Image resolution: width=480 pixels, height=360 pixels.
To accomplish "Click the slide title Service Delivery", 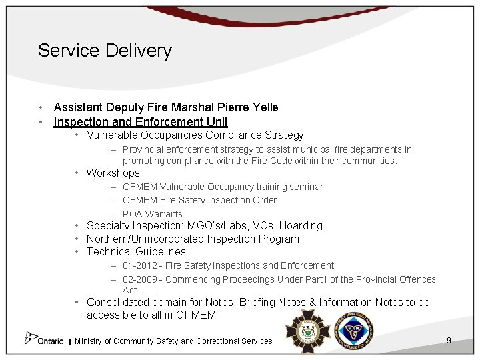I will tap(105, 51).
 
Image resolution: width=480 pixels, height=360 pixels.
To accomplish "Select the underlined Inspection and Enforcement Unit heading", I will tap(141, 122).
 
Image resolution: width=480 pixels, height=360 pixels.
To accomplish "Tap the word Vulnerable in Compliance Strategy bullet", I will tap(112, 135).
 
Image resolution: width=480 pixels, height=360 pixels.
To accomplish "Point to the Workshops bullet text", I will tap(113, 173).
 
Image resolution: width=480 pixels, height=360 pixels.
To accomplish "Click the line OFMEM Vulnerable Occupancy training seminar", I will tap(223, 187).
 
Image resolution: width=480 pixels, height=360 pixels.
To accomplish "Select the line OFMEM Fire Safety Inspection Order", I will tap(199, 200).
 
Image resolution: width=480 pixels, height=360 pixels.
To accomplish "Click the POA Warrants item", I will tap(153, 214).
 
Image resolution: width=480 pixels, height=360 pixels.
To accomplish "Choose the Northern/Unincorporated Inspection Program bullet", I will tap(193, 239).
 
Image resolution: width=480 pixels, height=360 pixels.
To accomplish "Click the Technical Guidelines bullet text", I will tap(136, 252).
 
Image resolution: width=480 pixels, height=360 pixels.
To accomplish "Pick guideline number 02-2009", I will tap(139, 279).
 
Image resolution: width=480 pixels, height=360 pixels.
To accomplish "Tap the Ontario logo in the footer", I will tap(44, 339).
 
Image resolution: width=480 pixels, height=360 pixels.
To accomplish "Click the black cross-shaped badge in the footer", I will tap(307, 331).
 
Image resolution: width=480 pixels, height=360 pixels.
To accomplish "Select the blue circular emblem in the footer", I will tap(354, 331).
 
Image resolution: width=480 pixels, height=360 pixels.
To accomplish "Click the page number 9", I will tap(449, 341).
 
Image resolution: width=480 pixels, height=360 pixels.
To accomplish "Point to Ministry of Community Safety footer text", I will tap(173, 341).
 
